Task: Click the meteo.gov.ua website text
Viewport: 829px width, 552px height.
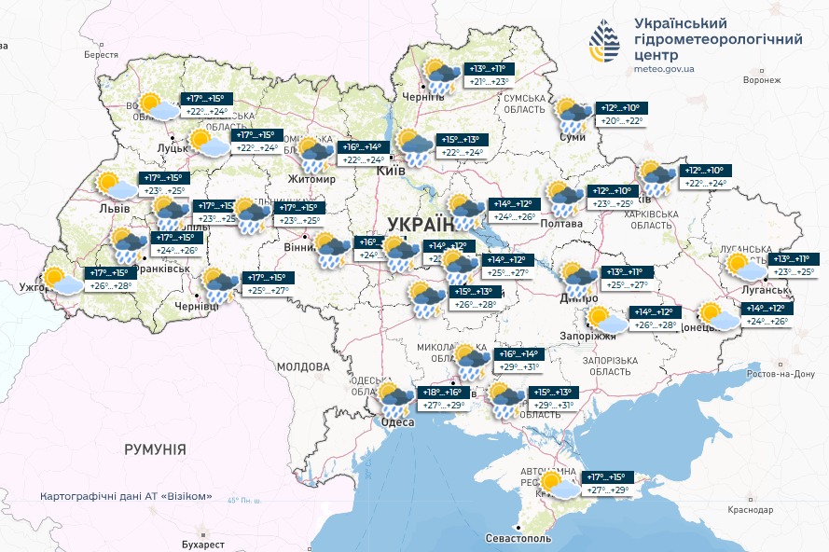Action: pyautogui.click(x=664, y=69)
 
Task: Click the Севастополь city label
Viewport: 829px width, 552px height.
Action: pyautogui.click(x=518, y=539)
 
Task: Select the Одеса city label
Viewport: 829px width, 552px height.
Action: pyautogui.click(x=397, y=422)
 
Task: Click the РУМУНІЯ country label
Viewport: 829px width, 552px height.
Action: pyautogui.click(x=155, y=449)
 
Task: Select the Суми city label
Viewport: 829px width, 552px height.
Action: pyautogui.click(x=571, y=137)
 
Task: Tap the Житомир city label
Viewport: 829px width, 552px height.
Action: pyautogui.click(x=311, y=179)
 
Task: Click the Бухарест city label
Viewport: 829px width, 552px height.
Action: pyautogui.click(x=204, y=544)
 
